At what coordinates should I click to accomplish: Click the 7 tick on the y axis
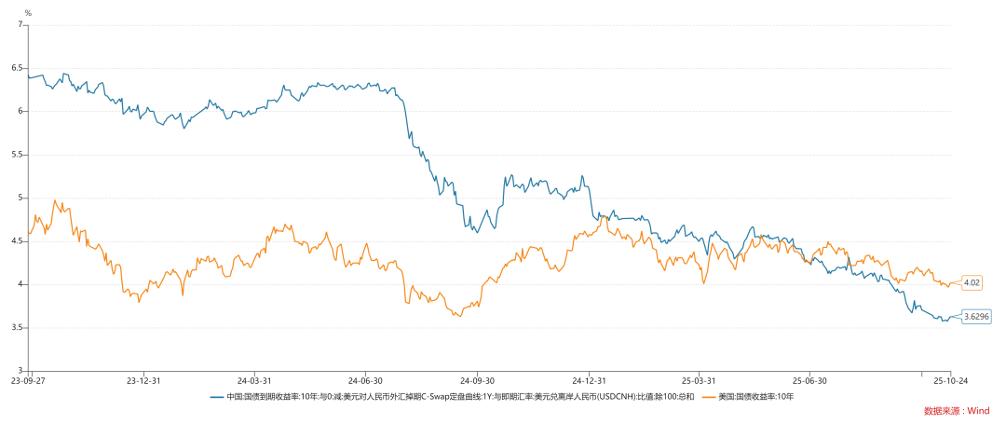point(20,25)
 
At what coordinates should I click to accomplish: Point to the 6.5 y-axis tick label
point(17,68)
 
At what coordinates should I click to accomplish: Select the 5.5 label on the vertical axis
point(17,155)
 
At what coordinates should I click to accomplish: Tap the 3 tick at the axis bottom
point(20,371)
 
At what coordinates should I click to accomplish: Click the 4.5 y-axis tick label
point(17,241)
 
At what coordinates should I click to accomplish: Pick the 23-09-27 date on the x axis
point(28,380)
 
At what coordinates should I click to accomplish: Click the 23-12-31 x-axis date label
point(143,380)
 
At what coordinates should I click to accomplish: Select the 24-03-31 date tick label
point(254,380)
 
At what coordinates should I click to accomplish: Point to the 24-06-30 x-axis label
point(365,380)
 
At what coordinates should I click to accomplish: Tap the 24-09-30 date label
point(478,380)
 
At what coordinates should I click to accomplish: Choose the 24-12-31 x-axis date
point(590,380)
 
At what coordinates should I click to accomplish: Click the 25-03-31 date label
point(700,380)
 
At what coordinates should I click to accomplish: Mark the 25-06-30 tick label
point(810,380)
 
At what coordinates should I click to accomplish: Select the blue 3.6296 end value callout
point(976,317)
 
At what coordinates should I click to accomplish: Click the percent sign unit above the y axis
point(28,13)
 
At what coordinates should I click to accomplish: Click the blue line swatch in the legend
point(217,397)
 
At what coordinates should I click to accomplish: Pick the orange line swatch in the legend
point(709,397)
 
